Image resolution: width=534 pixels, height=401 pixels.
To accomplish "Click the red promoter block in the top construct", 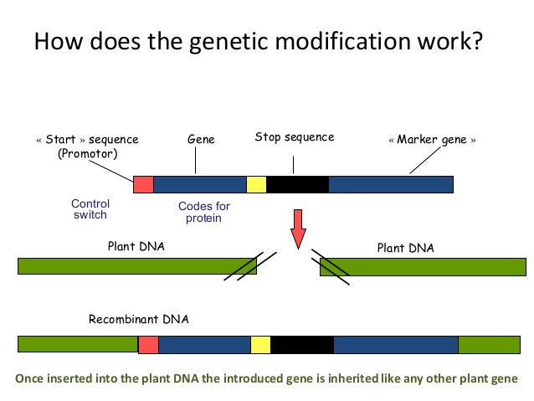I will (x=143, y=184).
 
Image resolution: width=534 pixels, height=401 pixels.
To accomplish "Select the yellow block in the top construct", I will (x=256, y=184).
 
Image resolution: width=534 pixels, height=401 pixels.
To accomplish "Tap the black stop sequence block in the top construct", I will (x=297, y=184).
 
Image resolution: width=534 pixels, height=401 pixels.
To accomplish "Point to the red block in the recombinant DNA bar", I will (x=148, y=344).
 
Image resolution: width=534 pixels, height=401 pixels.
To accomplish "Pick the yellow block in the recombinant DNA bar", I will (x=260, y=344).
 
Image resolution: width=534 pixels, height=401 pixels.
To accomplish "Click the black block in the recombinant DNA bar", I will (x=301, y=344).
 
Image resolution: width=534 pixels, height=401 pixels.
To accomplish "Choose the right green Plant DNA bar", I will (x=422, y=266).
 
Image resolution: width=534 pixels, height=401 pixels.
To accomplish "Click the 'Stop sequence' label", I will (x=294, y=137).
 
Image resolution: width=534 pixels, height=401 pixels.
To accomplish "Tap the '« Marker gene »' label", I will (x=432, y=140).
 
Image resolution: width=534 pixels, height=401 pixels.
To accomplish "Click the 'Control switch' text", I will (x=90, y=209).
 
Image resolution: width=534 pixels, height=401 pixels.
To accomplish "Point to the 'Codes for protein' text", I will (x=203, y=213).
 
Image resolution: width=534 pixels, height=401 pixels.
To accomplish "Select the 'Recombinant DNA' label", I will (x=139, y=320).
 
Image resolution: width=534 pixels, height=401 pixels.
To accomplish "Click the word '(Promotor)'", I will (x=87, y=154).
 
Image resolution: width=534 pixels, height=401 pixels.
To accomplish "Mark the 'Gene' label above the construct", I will (x=201, y=140).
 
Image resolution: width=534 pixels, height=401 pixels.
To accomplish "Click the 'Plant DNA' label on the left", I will (x=136, y=247).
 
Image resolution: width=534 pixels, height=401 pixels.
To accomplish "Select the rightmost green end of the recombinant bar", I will (x=489, y=344).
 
